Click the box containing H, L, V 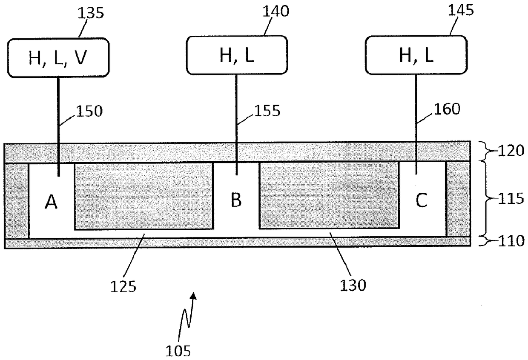click(x=57, y=58)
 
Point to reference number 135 click(x=91, y=13)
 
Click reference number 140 click(x=277, y=11)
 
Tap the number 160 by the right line click(x=448, y=109)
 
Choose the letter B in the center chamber click(x=236, y=200)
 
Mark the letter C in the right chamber click(x=421, y=201)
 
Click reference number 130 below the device click(x=353, y=285)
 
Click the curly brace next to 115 click(x=485, y=199)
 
